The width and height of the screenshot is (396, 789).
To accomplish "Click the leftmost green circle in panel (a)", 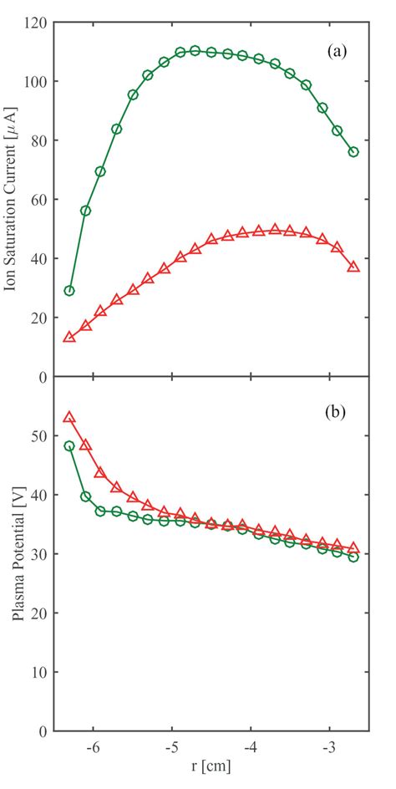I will click(69, 291).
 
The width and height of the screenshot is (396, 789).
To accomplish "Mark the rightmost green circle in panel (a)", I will click(353, 152).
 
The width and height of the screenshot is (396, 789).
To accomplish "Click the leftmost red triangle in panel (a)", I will click(69, 337).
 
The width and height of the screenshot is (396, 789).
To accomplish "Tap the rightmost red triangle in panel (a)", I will click(353, 267).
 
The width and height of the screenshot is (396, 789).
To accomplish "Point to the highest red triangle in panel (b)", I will click(69, 417).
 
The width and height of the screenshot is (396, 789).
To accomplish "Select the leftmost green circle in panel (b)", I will click(69, 446).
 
